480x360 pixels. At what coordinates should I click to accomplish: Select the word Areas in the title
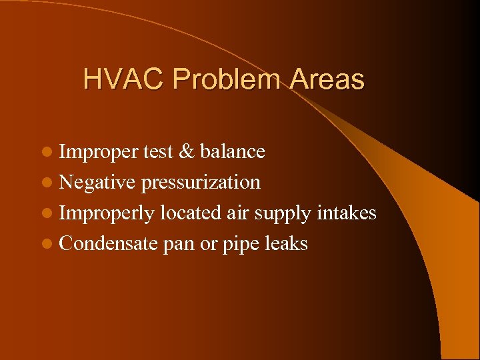(327, 80)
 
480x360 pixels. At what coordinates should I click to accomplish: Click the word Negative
(97, 183)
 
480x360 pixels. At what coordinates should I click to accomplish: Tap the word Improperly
(107, 214)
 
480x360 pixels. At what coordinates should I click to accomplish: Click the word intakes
(347, 213)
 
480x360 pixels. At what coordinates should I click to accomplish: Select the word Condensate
(109, 244)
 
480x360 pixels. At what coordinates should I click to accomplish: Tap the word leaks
(285, 244)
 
